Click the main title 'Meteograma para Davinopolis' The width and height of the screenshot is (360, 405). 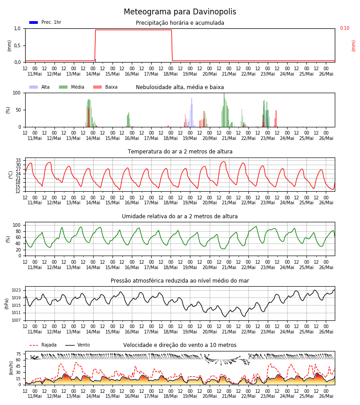pos(180,12)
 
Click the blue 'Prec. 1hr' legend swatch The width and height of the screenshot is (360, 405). pos(34,22)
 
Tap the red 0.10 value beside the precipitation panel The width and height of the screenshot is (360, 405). pos(345,28)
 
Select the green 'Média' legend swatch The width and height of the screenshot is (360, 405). pos(63,87)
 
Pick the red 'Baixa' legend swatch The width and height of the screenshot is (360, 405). pos(97,87)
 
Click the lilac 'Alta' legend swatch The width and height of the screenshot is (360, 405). pos(34,87)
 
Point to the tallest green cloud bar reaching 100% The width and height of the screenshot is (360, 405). pos(224,110)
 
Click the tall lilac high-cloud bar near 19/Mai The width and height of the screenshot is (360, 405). pos(192,112)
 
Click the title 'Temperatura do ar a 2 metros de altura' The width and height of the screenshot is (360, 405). pos(180,152)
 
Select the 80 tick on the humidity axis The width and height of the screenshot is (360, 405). pos(18,231)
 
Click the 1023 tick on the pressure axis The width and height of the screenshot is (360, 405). pos(16,290)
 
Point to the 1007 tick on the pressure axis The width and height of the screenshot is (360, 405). pos(16,320)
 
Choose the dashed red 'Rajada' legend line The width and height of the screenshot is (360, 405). pos(34,345)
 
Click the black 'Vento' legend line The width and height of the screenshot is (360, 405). pos(70,345)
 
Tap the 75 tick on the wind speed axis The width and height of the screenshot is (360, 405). pos(18,354)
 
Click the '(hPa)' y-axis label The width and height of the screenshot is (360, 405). pos(6,304)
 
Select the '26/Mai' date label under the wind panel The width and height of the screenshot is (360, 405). pos(326,396)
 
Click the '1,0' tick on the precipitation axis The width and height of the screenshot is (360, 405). pos(17,29)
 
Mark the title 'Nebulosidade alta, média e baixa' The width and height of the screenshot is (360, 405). pos(180,87)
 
